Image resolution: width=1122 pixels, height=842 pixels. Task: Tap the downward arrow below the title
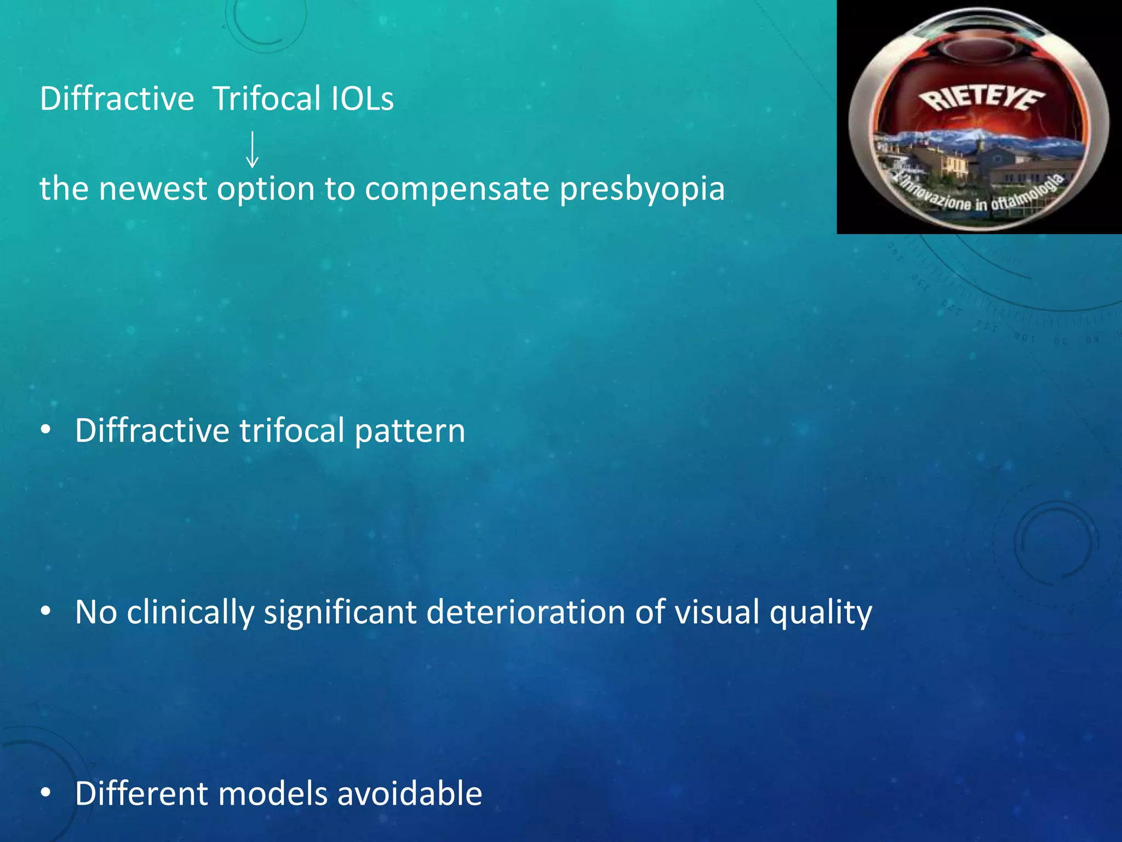[252, 149]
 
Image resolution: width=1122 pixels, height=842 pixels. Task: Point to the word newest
[153, 189]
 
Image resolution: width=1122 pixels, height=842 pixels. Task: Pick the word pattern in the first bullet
[410, 431]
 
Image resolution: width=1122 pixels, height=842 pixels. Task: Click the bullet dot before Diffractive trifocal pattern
[46, 430]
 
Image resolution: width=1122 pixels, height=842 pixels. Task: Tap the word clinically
[191, 612]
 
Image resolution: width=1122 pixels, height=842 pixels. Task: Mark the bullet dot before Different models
[46, 793]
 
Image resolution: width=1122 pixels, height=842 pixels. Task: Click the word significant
[340, 612]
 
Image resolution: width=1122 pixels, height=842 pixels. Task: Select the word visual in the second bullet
[717, 612]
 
